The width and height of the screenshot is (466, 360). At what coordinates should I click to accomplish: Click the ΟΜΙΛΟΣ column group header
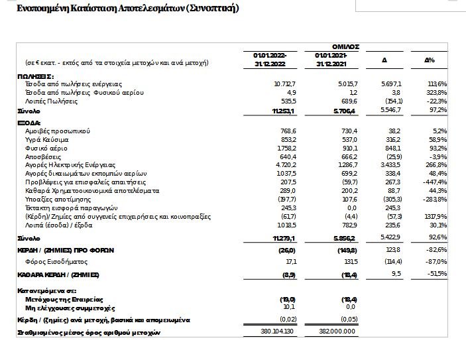point(345,46)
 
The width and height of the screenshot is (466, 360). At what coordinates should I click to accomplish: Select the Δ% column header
point(430,60)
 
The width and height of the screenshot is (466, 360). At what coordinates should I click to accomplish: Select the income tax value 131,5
point(347,262)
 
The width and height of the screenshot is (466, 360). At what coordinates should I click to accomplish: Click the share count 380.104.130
point(276,332)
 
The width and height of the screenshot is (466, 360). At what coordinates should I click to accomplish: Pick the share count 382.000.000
point(339,332)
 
